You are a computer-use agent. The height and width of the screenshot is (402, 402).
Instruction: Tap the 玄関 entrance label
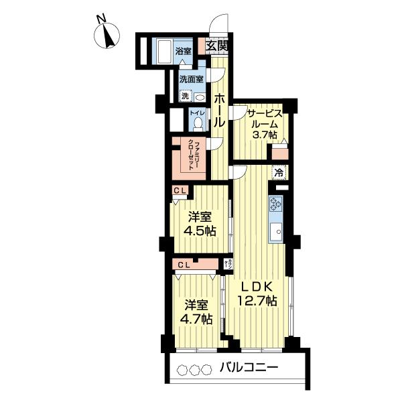point(216,46)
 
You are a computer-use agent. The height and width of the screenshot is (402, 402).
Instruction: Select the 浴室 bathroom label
point(183,50)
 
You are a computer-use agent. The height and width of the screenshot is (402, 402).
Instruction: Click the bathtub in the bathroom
point(164,50)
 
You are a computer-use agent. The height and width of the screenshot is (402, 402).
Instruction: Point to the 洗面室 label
point(190,79)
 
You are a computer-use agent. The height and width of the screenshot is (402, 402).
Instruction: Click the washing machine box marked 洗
point(186,95)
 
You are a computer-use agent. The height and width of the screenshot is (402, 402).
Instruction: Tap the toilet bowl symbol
point(197,123)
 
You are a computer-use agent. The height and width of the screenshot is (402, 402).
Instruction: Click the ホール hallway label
point(219,110)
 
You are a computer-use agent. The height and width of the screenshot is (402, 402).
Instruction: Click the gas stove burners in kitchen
point(277,204)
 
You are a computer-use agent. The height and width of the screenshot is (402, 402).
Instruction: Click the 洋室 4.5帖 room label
point(201,224)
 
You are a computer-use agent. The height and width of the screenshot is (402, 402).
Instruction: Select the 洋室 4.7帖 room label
point(198,312)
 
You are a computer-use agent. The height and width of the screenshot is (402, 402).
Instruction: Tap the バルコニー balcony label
point(249,368)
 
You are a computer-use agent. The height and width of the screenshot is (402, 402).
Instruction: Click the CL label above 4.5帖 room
point(179,191)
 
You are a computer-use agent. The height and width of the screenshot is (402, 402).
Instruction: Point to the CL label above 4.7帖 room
point(184,263)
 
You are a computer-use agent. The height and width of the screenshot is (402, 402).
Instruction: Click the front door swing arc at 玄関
point(218,25)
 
